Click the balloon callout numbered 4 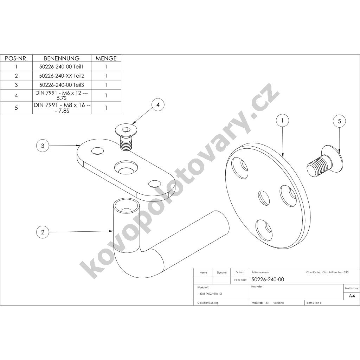click(x=158, y=105)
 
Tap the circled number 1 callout click(x=282, y=120)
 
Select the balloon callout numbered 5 click(x=340, y=121)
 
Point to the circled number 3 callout click(x=43, y=146)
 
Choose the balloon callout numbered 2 click(x=43, y=232)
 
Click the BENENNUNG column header click(x=62, y=58)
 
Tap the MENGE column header click(x=106, y=58)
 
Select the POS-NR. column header click(x=16, y=58)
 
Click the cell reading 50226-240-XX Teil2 click(x=62, y=76)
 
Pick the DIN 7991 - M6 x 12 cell click(x=62, y=95)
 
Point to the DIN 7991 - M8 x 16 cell click(x=62, y=108)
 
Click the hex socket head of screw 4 click(x=126, y=130)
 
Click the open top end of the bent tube click(x=127, y=207)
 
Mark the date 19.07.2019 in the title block click(x=240, y=280)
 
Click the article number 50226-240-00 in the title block click(x=268, y=279)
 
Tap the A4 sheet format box click(x=352, y=296)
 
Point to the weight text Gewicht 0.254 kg click(x=208, y=303)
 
